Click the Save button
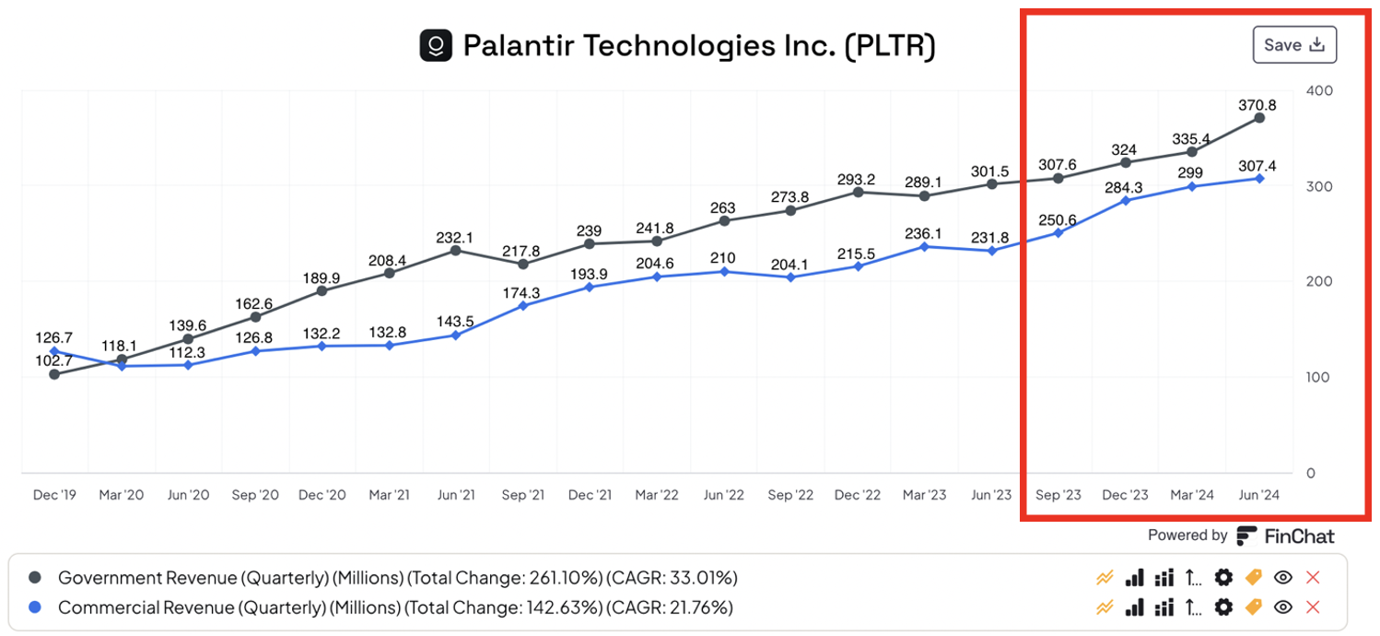[x=1293, y=45]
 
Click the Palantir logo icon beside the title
[x=436, y=45]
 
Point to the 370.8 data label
[x=1257, y=105]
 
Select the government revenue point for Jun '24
[x=1258, y=118]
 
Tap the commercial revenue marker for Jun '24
[x=1258, y=178]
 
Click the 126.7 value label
[x=53, y=337]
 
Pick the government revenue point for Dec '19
[x=54, y=374]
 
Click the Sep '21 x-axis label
[x=522, y=495]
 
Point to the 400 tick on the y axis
[x=1319, y=90]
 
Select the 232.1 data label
[x=455, y=237]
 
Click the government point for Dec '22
[x=858, y=193]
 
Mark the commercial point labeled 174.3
[x=523, y=305]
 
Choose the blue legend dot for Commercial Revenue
[x=35, y=607]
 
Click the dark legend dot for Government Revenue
[x=35, y=578]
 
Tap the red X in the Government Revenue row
[x=1313, y=578]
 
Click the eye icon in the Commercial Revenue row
[x=1282, y=607]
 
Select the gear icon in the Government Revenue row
[x=1222, y=578]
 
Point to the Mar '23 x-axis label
[x=924, y=495]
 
